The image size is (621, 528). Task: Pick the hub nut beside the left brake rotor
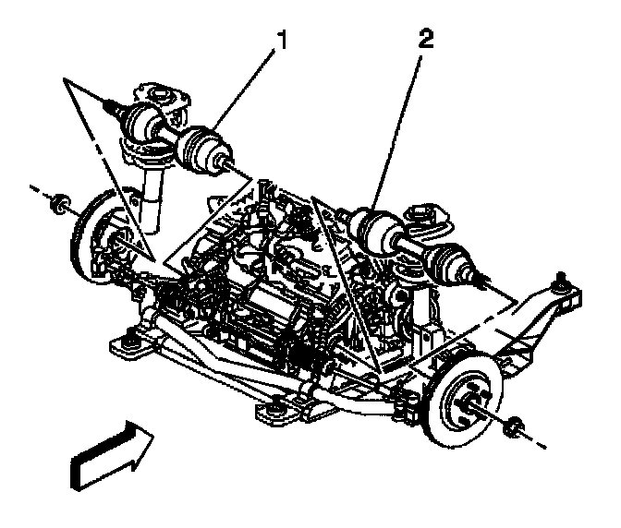[62, 202]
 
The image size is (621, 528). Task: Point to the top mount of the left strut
[162, 94]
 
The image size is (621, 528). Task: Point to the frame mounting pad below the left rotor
[127, 345]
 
